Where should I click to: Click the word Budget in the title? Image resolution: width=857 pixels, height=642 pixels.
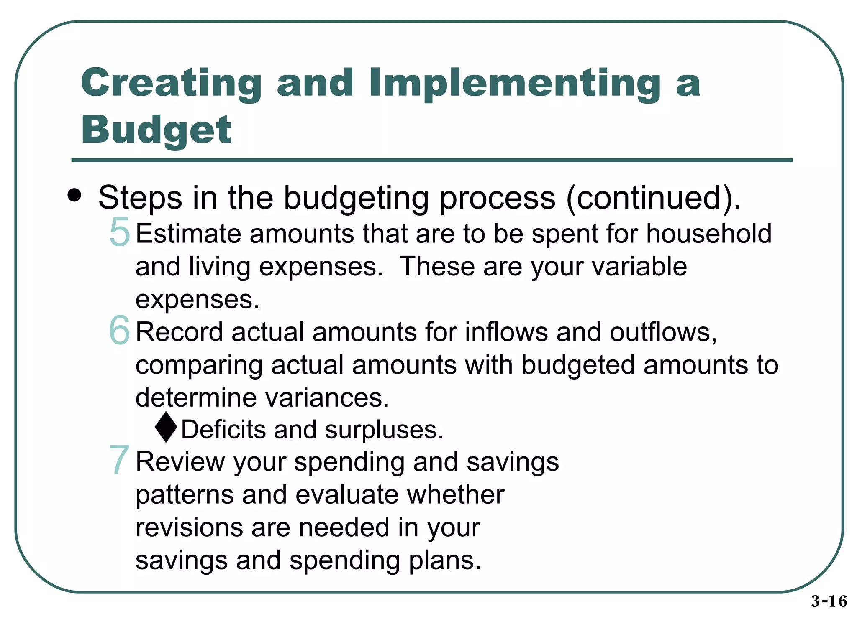point(156,130)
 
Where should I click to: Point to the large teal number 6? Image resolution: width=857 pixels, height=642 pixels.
point(120,330)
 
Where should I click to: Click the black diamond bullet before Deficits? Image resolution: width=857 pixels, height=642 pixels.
point(166,427)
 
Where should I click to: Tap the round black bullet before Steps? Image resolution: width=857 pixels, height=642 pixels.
point(74,196)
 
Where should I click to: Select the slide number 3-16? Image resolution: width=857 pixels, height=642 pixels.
point(829,601)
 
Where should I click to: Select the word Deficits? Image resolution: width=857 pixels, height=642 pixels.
point(223,430)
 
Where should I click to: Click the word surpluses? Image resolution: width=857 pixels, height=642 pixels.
point(384,431)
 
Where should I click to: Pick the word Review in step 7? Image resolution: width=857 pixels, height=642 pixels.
point(180,462)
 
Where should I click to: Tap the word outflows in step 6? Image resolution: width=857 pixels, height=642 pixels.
point(663,332)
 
